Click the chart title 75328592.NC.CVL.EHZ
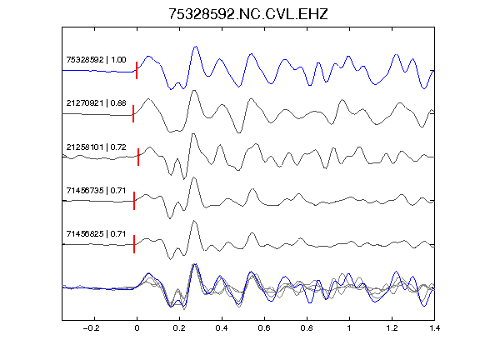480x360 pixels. pos(248,14)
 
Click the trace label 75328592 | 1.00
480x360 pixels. pos(96,59)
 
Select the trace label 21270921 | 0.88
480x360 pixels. pos(96,102)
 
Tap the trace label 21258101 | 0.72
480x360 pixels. pos(96,147)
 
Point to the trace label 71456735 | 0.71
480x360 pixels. pos(96,191)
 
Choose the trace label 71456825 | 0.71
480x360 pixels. pos(96,234)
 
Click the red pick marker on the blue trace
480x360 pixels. pos(137,70)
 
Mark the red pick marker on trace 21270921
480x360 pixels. pos(133,113)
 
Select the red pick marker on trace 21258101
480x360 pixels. pos(138,157)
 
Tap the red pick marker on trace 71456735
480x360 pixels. pos(134,201)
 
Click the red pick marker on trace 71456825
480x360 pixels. pos(134,244)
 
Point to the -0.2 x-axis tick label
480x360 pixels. pos(92,328)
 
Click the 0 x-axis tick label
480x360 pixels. pos(137,328)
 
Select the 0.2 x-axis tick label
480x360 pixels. pos(179,328)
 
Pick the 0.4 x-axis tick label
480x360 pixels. pos(222,328)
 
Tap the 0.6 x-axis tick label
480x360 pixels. pos(264,328)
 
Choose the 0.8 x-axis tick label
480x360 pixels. pos(307,328)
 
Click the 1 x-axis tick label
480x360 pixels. pos(349,328)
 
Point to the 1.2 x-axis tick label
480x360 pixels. pos(392,328)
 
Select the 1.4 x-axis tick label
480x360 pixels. pos(434,328)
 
